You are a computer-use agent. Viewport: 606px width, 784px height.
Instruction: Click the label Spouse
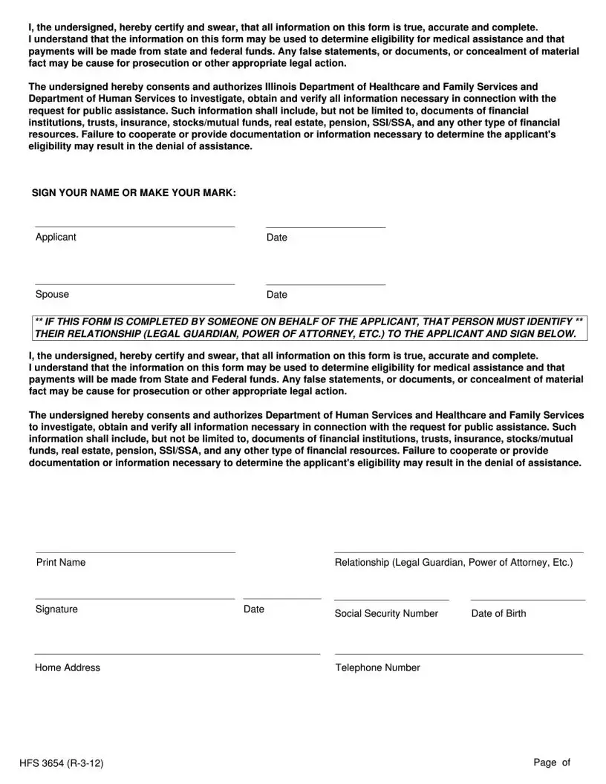[52, 294]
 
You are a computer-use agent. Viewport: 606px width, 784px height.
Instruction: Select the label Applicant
[56, 237]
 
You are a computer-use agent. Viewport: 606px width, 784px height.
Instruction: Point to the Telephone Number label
[377, 667]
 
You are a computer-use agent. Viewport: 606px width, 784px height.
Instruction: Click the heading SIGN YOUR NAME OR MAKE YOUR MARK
[134, 193]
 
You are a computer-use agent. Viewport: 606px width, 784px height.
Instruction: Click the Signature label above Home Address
[56, 609]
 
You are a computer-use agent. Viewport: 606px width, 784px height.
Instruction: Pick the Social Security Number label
[386, 613]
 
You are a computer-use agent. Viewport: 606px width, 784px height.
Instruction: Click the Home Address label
[68, 667]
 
